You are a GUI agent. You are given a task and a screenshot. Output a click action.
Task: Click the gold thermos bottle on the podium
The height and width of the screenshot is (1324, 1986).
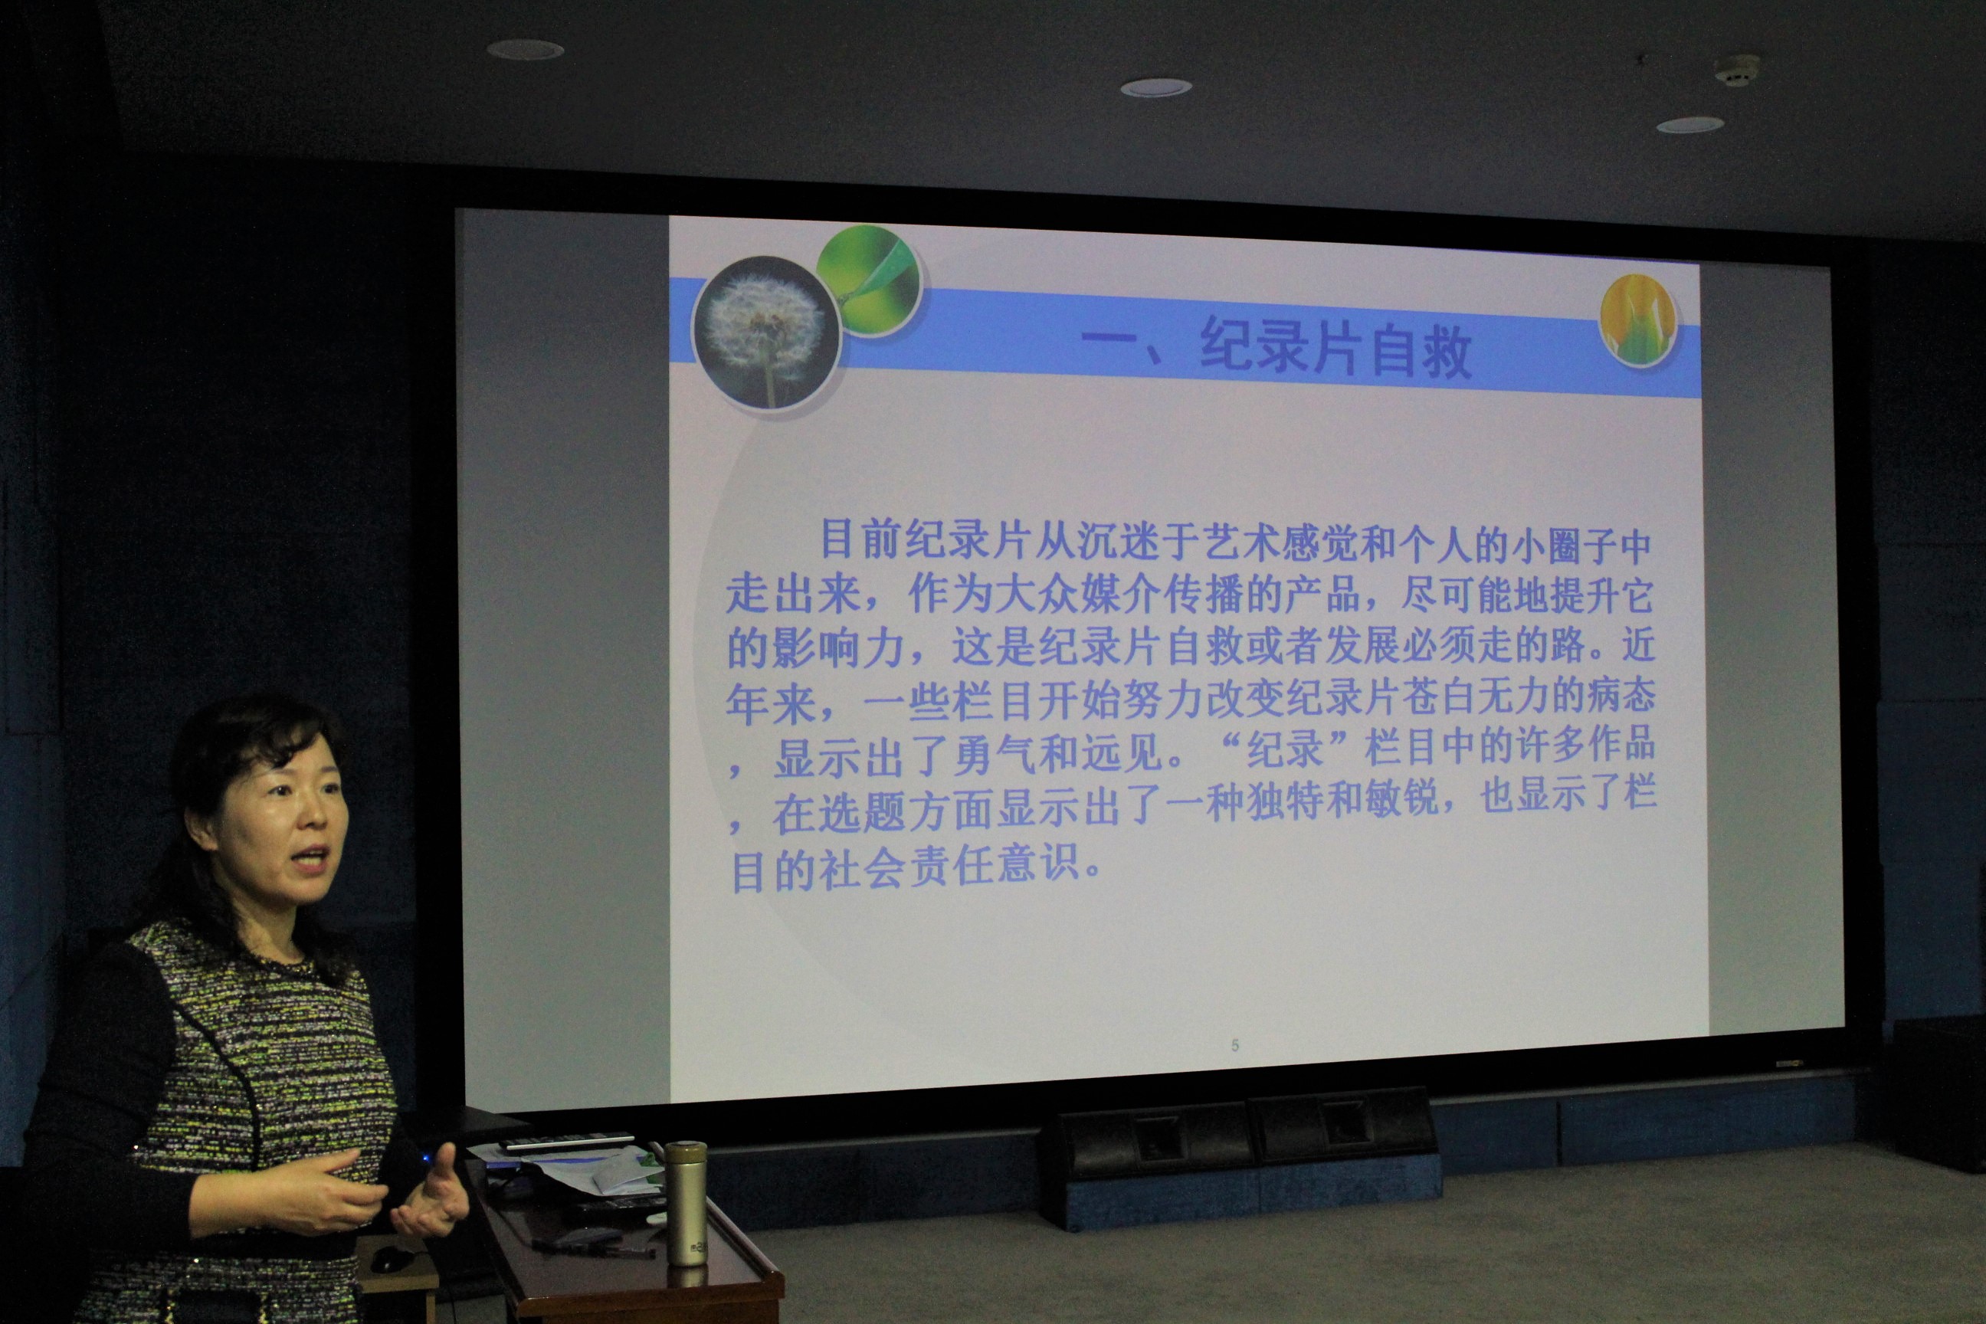click(x=686, y=1202)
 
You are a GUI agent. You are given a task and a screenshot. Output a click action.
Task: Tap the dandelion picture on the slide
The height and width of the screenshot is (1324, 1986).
click(x=766, y=332)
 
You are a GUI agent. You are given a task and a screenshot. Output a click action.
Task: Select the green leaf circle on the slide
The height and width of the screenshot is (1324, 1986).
click(x=869, y=280)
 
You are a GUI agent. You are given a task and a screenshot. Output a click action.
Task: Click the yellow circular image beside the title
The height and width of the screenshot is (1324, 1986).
click(x=1638, y=321)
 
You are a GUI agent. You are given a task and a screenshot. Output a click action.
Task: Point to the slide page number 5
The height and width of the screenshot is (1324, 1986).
click(x=1234, y=1045)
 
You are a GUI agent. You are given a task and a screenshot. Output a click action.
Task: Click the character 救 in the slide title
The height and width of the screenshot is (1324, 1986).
click(x=1447, y=350)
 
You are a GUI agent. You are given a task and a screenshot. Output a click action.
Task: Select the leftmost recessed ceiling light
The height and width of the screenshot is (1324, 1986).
click(x=525, y=50)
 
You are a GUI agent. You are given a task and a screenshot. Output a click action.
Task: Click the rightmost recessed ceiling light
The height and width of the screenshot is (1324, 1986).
click(x=1689, y=125)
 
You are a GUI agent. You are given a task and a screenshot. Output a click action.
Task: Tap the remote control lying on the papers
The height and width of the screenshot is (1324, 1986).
click(x=566, y=1141)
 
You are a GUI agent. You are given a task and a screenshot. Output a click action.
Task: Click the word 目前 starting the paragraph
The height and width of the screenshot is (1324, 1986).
click(x=860, y=539)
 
